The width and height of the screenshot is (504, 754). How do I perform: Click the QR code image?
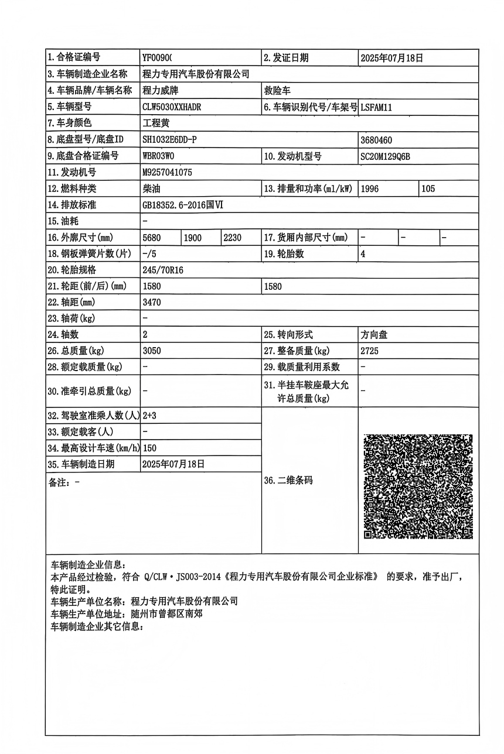pos(418,486)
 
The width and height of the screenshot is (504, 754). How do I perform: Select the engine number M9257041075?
pos(167,173)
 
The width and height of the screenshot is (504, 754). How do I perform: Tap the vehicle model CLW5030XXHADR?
pos(172,107)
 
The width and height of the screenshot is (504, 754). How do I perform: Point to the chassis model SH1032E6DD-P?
pos(170,140)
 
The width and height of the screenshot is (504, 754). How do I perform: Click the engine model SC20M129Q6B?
pos(386,156)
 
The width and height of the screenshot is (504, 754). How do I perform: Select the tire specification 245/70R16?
pos(162,270)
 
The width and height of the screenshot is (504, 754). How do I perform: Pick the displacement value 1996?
pos(370,189)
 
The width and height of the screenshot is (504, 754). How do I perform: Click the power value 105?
pos(428,189)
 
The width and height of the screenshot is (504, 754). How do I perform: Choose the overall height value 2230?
pos(233,237)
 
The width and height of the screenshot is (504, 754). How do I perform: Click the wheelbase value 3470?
pos(152,303)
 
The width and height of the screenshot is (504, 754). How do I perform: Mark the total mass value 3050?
pos(152,351)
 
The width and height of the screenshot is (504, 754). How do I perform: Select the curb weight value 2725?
pos(370,351)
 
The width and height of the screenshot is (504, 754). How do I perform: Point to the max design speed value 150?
pos(149,448)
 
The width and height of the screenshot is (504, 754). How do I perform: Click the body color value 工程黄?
pos(155,124)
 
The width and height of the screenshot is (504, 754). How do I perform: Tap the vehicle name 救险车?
pos(278,91)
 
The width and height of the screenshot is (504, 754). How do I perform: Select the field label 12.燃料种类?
pos(73,189)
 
